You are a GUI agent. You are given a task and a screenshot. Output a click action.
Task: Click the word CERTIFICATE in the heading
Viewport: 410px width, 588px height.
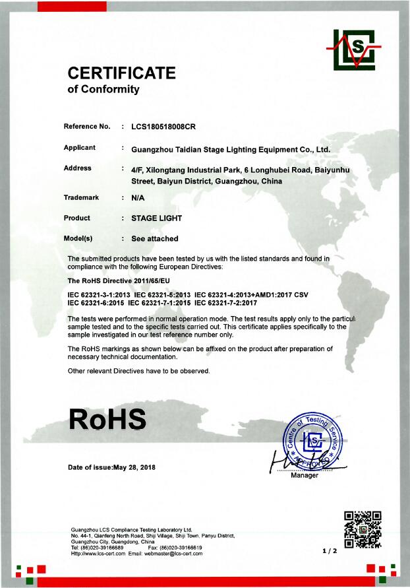coord(122,73)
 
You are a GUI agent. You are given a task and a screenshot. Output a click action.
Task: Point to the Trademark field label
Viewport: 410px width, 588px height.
coord(81,197)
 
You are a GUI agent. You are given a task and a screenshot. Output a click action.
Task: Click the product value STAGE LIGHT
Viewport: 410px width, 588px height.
coord(156,218)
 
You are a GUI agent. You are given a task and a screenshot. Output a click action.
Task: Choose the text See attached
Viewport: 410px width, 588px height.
coord(155,238)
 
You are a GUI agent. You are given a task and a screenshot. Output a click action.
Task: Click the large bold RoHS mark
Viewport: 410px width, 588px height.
coord(107,420)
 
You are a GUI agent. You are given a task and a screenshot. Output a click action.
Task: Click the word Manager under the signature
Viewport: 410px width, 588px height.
coord(305,475)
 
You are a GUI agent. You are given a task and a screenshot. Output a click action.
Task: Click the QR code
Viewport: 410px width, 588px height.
coord(363,530)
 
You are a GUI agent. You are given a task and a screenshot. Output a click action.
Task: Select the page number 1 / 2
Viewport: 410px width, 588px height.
coord(330,550)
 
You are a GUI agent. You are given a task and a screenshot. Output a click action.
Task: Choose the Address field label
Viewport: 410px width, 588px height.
coord(78,168)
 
